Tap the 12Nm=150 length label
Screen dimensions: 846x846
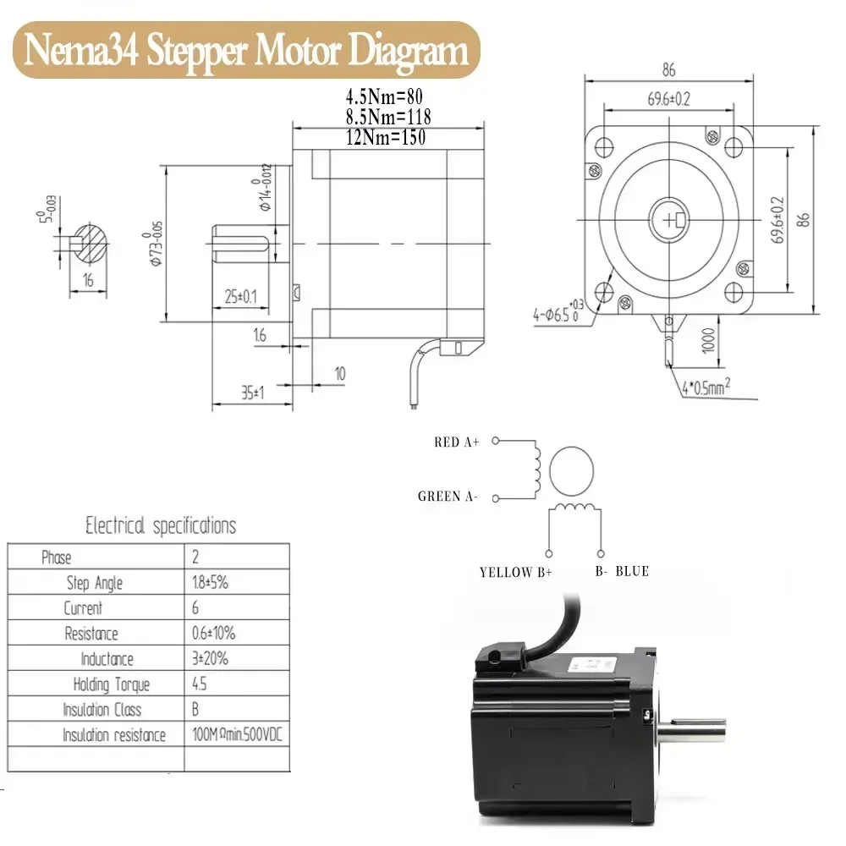click(385, 137)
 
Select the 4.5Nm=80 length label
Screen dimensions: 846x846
click(385, 96)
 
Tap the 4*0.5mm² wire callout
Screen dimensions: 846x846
click(706, 388)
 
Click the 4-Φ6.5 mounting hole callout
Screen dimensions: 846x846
click(558, 315)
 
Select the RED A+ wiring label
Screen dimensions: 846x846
click(457, 442)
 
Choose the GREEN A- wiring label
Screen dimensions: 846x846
click(448, 497)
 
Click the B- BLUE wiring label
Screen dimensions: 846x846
click(622, 571)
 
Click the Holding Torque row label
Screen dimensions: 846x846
click(111, 684)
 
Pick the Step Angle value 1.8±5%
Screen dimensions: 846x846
click(211, 583)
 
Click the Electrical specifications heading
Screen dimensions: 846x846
click(161, 526)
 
